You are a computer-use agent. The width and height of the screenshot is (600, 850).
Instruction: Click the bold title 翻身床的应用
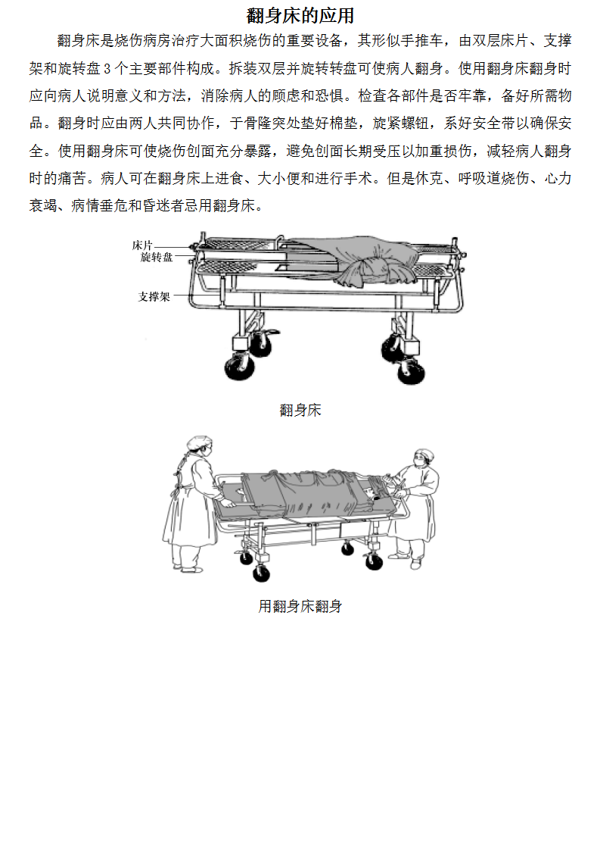300,16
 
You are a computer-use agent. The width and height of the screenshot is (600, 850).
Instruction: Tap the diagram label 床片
142,245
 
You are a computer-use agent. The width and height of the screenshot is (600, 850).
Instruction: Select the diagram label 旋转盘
157,257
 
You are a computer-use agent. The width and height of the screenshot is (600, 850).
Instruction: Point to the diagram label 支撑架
154,296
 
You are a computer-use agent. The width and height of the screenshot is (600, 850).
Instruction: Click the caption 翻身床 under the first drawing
300,410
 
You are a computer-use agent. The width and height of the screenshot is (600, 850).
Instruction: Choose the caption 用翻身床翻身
300,606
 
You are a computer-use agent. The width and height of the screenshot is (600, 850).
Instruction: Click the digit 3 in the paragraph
107,69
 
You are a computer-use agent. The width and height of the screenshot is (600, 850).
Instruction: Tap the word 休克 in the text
430,178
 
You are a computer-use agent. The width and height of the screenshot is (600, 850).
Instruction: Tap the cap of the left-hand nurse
199,442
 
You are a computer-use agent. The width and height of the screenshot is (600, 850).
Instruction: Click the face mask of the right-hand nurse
418,462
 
